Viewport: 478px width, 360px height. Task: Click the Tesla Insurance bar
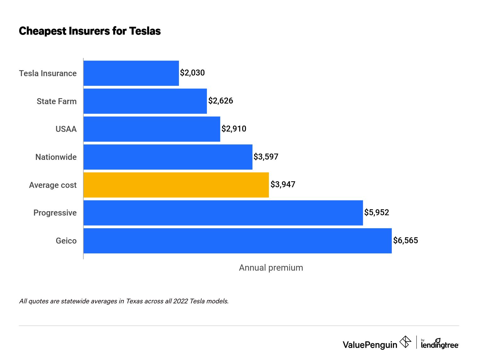[x=131, y=73]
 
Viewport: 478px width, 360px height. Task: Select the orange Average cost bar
[x=176, y=185]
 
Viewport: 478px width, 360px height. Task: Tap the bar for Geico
[x=237, y=241]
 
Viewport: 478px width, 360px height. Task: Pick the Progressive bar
[x=223, y=213]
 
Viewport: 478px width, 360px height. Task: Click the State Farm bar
[x=145, y=101]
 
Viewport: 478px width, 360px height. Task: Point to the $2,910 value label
[x=234, y=129]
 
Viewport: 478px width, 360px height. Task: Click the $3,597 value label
[x=266, y=157]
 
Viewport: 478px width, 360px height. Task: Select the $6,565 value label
[x=405, y=240]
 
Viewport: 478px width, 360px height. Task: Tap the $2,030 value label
[x=192, y=73]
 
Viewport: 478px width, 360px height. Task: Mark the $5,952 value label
[x=376, y=212]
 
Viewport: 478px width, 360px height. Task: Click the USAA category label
[x=66, y=129]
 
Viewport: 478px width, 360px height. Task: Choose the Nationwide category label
[x=56, y=157]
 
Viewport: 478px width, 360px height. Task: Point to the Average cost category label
[x=53, y=185]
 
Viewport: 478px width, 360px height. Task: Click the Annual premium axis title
[x=271, y=268]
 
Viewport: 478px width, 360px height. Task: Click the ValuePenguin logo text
[x=370, y=345]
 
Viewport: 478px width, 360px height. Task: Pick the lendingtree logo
[x=439, y=344]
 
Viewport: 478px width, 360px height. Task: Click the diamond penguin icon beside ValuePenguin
[x=405, y=342]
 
